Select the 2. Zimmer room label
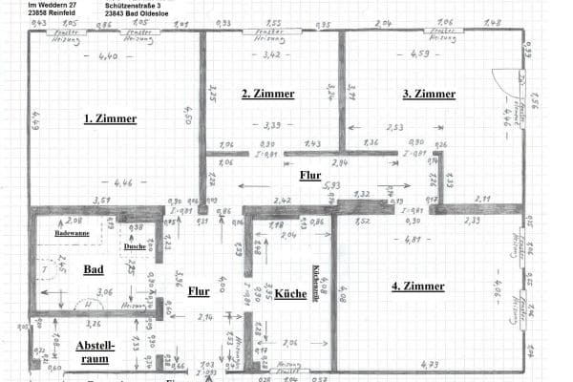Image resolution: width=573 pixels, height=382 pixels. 267,94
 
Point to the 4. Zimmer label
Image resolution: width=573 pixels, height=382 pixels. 417,286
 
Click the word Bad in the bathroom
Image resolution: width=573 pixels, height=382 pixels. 93,270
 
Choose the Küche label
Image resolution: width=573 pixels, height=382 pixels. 290,293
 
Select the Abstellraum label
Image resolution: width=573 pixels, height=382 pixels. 95,352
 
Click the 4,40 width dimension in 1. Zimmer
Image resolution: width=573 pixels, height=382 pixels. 108,57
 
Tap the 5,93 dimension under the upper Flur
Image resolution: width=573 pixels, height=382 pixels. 331,185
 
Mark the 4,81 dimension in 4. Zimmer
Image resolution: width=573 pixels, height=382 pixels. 411,239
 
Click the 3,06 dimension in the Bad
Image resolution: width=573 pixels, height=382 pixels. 106,291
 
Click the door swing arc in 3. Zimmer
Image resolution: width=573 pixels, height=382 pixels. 503,82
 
